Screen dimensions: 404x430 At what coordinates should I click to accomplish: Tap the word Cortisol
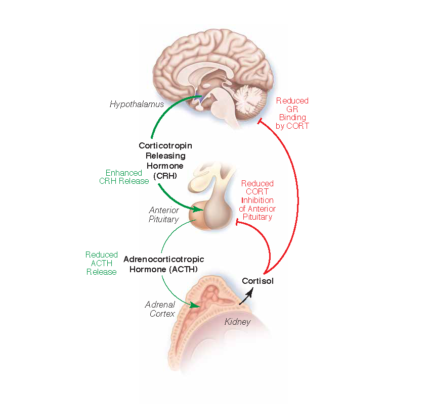coord(257,281)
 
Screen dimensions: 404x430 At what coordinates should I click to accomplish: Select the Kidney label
coord(237,321)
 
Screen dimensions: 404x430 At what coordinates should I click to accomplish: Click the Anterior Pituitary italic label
coord(163,215)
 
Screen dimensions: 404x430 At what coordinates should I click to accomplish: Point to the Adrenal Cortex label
coord(160,309)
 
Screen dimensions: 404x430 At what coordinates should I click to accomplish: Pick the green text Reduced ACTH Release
coord(101,263)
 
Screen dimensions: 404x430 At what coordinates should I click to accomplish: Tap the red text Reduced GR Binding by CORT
coord(292,113)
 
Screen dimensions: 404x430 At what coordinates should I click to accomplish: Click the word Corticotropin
coord(165,145)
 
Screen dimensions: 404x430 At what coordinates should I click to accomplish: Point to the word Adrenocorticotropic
coord(164,259)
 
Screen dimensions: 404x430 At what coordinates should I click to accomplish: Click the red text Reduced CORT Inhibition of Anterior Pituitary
coord(257,200)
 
